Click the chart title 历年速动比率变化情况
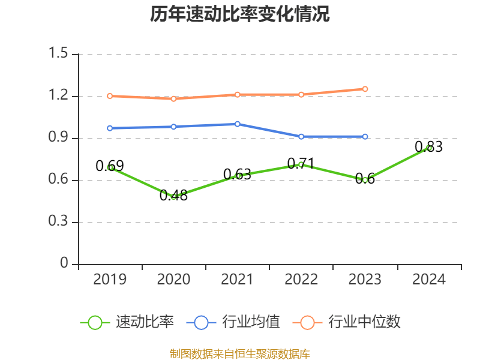tap(239, 14)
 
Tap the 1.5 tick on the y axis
tap(59, 54)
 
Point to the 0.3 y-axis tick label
tap(59, 222)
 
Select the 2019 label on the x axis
tap(110, 279)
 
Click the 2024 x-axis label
tap(429, 279)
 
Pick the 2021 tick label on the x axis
tap(238, 279)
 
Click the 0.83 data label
tap(428, 146)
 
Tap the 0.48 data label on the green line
tap(173, 195)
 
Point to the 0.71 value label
tap(301, 163)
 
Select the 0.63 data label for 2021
tap(237, 175)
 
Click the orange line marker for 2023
tap(365, 89)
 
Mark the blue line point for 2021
tap(238, 124)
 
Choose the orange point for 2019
tap(110, 96)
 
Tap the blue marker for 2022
tap(301, 136)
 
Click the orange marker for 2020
tap(173, 98)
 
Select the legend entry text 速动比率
tap(145, 322)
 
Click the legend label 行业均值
tap(251, 322)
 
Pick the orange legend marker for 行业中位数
tap(308, 322)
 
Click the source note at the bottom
tap(239, 353)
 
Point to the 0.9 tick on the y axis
tap(59, 138)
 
